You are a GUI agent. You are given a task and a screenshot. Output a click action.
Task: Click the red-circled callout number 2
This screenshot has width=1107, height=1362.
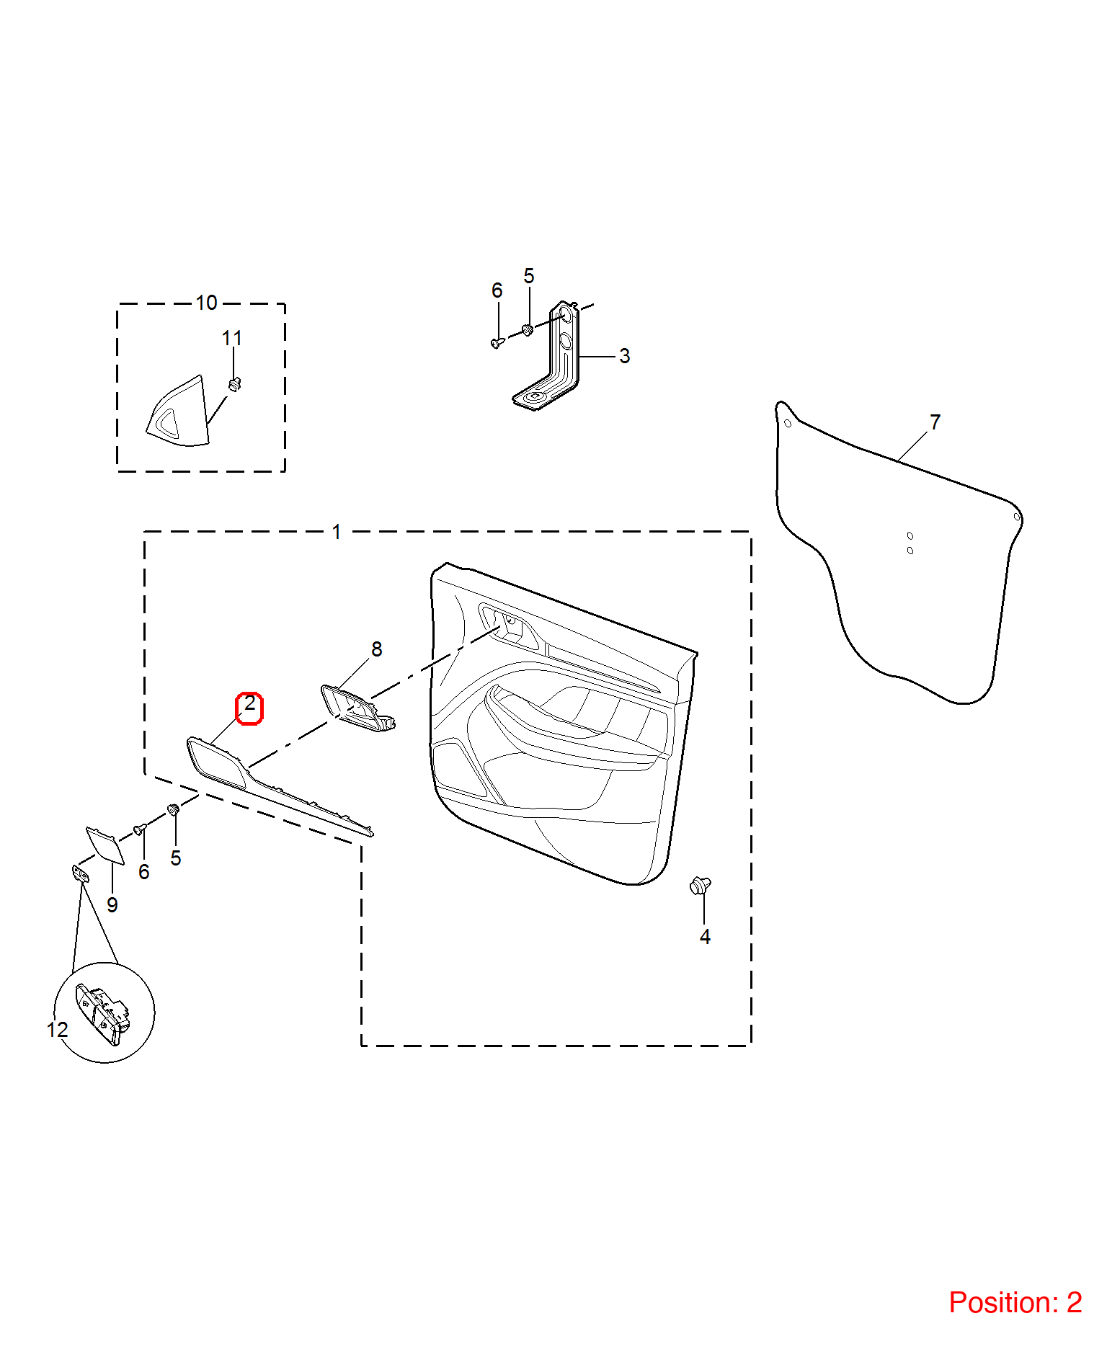[x=249, y=703]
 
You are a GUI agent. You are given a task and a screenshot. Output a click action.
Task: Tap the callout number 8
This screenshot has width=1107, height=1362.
[x=376, y=649]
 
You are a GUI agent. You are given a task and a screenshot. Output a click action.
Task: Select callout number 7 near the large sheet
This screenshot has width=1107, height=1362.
[x=935, y=422]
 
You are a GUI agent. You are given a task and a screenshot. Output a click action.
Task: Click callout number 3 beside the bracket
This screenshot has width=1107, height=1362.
[x=624, y=356]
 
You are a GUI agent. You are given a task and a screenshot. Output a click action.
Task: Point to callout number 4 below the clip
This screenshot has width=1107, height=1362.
[x=705, y=936]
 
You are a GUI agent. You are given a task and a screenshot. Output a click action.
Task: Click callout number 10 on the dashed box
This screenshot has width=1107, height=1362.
[x=206, y=303]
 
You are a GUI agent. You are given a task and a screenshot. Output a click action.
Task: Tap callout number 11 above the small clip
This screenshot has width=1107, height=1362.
[x=231, y=338]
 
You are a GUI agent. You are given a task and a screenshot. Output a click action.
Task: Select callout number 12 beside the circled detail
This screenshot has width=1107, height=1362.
[x=58, y=1030]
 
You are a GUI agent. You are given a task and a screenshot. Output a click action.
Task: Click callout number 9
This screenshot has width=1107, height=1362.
[x=112, y=904]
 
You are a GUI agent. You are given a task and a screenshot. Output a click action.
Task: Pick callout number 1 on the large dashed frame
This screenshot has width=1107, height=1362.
[x=337, y=532]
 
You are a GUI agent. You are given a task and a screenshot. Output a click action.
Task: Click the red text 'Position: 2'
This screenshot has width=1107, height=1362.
[x=1015, y=1302]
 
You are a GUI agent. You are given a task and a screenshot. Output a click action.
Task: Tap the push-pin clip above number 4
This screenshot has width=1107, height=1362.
[x=700, y=885]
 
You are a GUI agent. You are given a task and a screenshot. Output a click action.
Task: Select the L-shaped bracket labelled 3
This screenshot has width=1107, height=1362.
[x=547, y=357]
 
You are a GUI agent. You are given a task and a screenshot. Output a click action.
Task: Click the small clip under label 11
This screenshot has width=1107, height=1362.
[x=234, y=384]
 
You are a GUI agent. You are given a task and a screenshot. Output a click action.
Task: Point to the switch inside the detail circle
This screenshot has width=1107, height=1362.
[x=102, y=1012]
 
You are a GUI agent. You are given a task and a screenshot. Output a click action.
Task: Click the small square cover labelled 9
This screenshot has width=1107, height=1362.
[x=105, y=845]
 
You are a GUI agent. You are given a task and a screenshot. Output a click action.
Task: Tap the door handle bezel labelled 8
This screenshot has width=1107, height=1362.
[x=358, y=708]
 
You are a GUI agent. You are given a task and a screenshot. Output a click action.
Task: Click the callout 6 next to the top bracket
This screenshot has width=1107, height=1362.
[x=497, y=290]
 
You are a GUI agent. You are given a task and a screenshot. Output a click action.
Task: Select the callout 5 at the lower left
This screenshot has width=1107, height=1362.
[x=176, y=858]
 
